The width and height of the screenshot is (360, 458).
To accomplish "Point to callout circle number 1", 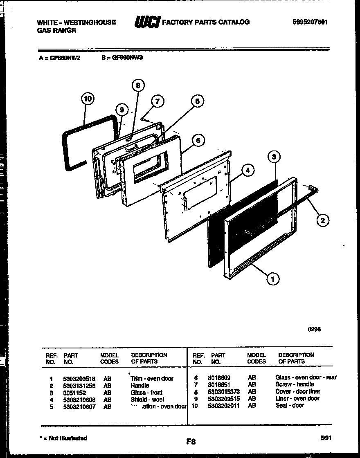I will tap(272, 279).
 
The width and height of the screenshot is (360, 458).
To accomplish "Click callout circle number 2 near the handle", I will tap(323, 221).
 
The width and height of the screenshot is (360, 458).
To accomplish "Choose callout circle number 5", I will tap(198, 140).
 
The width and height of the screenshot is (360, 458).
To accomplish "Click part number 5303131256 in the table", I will tap(79, 385).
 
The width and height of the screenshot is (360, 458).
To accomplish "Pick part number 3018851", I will tap(219, 385).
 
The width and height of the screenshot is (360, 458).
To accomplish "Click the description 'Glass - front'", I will tap(146, 392).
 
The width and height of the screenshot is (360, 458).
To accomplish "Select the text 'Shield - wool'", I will tap(147, 399).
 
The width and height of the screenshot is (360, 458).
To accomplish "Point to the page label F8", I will tap(191, 441).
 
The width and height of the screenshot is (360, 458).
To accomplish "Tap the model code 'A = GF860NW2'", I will tap(60, 58).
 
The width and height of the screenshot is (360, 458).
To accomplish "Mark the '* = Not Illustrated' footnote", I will tap(63, 438).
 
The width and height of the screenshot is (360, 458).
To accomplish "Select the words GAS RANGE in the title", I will tap(56, 30).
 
